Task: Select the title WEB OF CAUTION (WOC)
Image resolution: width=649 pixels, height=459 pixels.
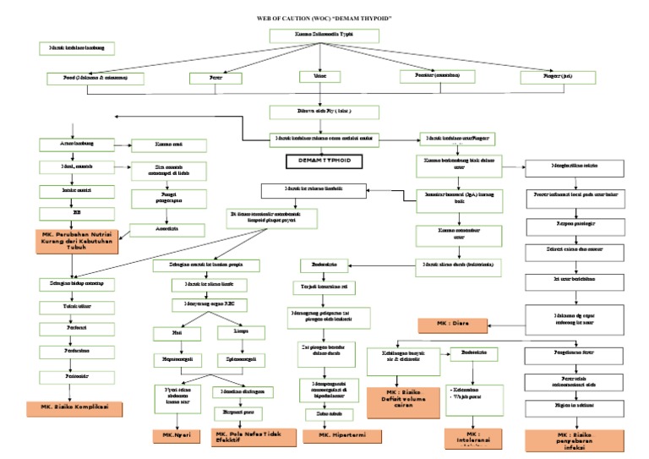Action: (324, 17)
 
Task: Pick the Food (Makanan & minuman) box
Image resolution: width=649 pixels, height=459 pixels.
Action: (96, 78)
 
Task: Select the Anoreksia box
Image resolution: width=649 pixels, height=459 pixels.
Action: (168, 228)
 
